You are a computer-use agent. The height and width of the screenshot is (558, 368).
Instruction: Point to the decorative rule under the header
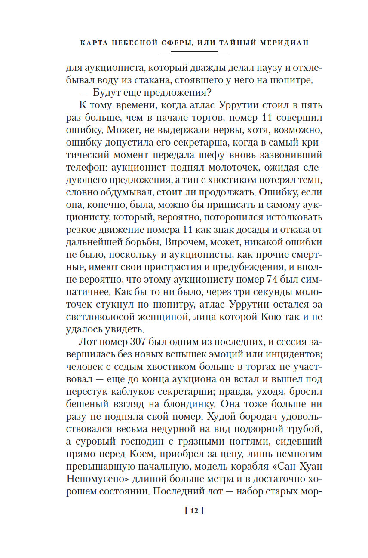point(193,52)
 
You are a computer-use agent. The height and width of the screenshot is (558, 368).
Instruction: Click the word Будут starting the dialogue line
point(105,93)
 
